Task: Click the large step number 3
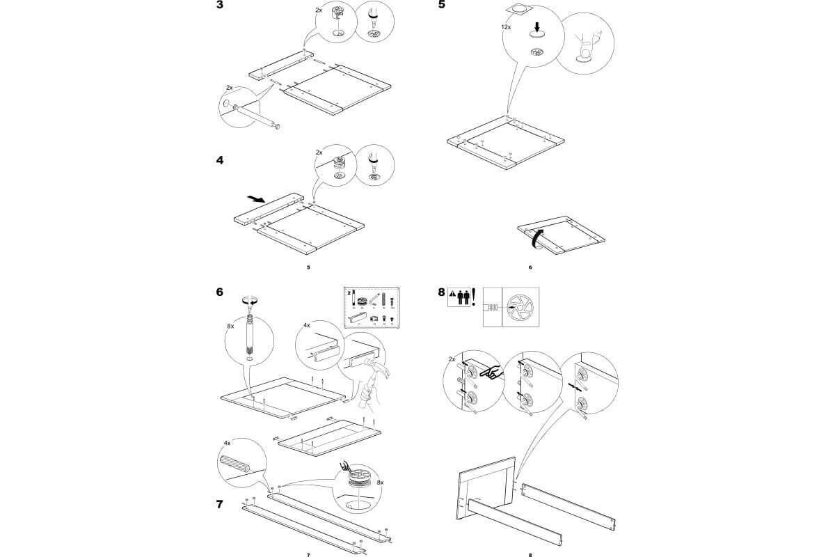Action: tap(221, 6)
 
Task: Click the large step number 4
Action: tap(221, 160)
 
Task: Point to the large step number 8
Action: tap(441, 293)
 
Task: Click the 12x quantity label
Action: tap(506, 26)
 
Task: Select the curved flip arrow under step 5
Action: tap(536, 238)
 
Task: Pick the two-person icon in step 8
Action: tap(464, 297)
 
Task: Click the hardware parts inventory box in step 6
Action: tap(370, 307)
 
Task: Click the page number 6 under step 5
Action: tap(530, 267)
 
